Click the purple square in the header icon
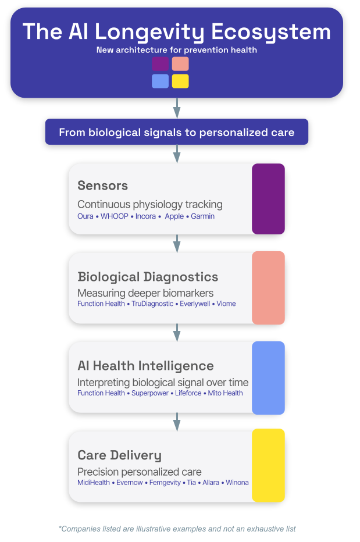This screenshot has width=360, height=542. (160, 64)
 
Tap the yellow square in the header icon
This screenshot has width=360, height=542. (180, 81)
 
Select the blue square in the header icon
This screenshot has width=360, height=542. (160, 81)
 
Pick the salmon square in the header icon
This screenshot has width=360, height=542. (180, 64)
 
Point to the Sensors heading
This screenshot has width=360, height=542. (102, 186)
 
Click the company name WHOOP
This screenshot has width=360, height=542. (114, 216)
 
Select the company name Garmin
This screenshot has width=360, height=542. (202, 216)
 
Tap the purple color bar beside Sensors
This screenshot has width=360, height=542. (268, 199)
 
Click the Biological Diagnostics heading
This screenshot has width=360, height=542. (148, 277)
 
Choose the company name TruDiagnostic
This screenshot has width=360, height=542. (152, 304)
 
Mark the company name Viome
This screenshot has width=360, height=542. (226, 304)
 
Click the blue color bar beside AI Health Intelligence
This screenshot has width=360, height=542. (268, 378)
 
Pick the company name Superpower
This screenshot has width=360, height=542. (149, 393)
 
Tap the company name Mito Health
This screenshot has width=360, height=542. (226, 393)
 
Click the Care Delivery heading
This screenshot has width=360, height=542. (119, 455)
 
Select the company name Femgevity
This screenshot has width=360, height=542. (165, 483)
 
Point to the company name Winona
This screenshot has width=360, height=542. (237, 483)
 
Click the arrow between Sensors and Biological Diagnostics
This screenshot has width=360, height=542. (177, 243)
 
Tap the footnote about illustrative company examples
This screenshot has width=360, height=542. (177, 529)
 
